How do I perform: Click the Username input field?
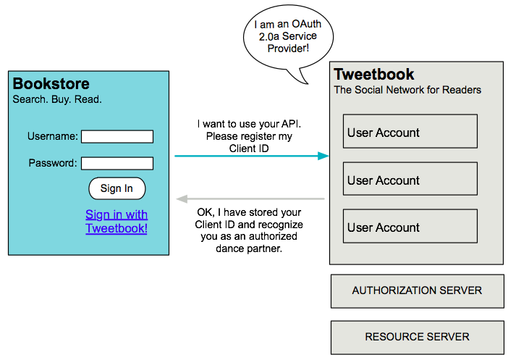[x=117, y=136]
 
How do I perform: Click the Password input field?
[x=117, y=163]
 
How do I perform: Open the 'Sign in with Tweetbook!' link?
[x=117, y=222]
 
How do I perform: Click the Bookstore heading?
[x=51, y=83]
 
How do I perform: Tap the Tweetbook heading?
[x=374, y=75]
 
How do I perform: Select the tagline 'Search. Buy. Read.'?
[x=57, y=99]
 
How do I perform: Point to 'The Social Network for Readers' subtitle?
[x=407, y=91]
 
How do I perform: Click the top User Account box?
[x=410, y=133]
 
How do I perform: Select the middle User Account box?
[x=410, y=180]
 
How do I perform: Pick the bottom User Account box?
[x=410, y=227]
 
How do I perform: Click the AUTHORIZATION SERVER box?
[x=417, y=290]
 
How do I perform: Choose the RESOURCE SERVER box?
[x=417, y=337]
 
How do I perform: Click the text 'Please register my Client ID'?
[x=249, y=142]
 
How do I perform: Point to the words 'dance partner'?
[x=249, y=248]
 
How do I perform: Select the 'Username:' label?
[x=53, y=136]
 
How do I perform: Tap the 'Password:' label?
[x=53, y=163]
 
